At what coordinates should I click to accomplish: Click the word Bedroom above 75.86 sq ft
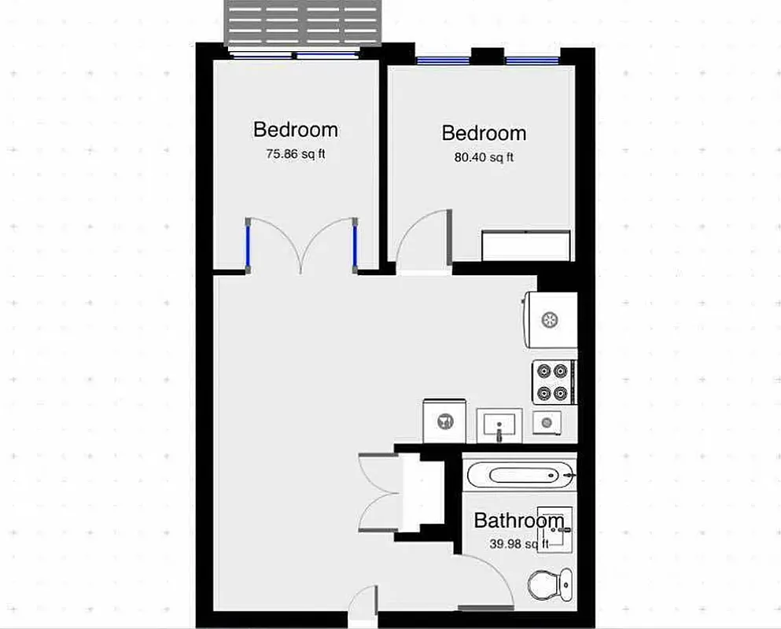pyautogui.click(x=295, y=129)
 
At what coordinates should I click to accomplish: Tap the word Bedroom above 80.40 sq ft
pyautogui.click(x=484, y=133)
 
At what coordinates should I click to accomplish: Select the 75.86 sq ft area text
pyautogui.click(x=295, y=154)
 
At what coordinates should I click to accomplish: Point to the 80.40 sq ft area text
pyautogui.click(x=484, y=157)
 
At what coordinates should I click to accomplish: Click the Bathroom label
pyautogui.click(x=518, y=520)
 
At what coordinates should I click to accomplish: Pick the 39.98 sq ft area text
pyautogui.click(x=518, y=544)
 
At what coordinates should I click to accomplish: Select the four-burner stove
pyautogui.click(x=554, y=382)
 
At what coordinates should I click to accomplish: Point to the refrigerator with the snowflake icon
pyautogui.click(x=551, y=318)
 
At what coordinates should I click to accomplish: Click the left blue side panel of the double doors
pyautogui.click(x=249, y=245)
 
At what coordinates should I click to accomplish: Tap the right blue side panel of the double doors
pyautogui.click(x=356, y=245)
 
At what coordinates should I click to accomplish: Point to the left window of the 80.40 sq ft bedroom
pyautogui.click(x=443, y=60)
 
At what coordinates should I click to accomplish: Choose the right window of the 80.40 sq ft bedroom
pyautogui.click(x=532, y=60)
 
